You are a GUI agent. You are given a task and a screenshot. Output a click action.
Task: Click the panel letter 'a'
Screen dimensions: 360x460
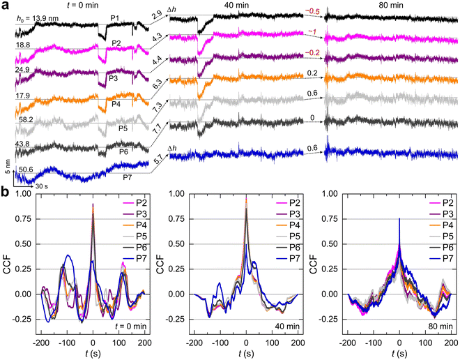tap(5, 6)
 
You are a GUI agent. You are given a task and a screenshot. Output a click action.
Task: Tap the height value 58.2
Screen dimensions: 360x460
tap(27, 121)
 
